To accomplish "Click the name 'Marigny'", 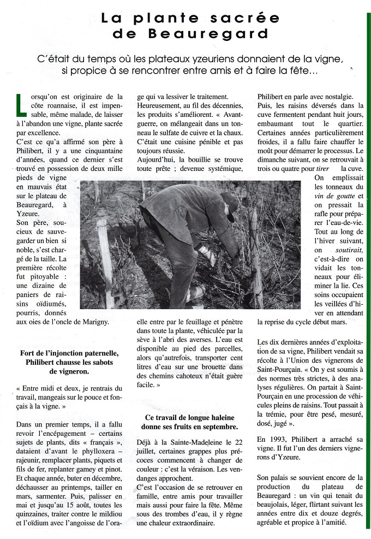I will [94, 322].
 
